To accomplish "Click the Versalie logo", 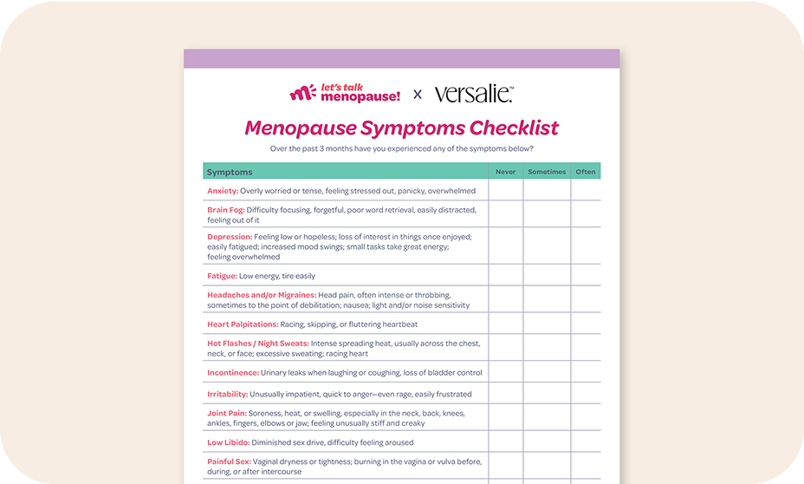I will pos(474,93).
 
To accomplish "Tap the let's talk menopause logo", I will pos(345,93).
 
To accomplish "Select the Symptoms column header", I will pos(230,172).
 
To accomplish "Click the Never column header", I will pos(505,172).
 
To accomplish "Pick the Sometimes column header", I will pos(547,172).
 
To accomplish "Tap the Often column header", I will pos(586,172).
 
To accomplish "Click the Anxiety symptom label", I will pos(222,191).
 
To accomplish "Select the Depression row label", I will pos(230,236).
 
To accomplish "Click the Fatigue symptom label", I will pos(222,276).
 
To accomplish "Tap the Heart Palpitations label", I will pos(243,324).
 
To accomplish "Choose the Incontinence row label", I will pos(233,373).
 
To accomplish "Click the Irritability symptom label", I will pos(228,394).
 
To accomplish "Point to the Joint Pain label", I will pos(227,413).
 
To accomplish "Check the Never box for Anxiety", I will pos(505,191).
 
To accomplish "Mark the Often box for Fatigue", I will pos(586,276).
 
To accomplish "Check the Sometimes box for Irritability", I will pos(547,394).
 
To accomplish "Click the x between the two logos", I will pos(418,94).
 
